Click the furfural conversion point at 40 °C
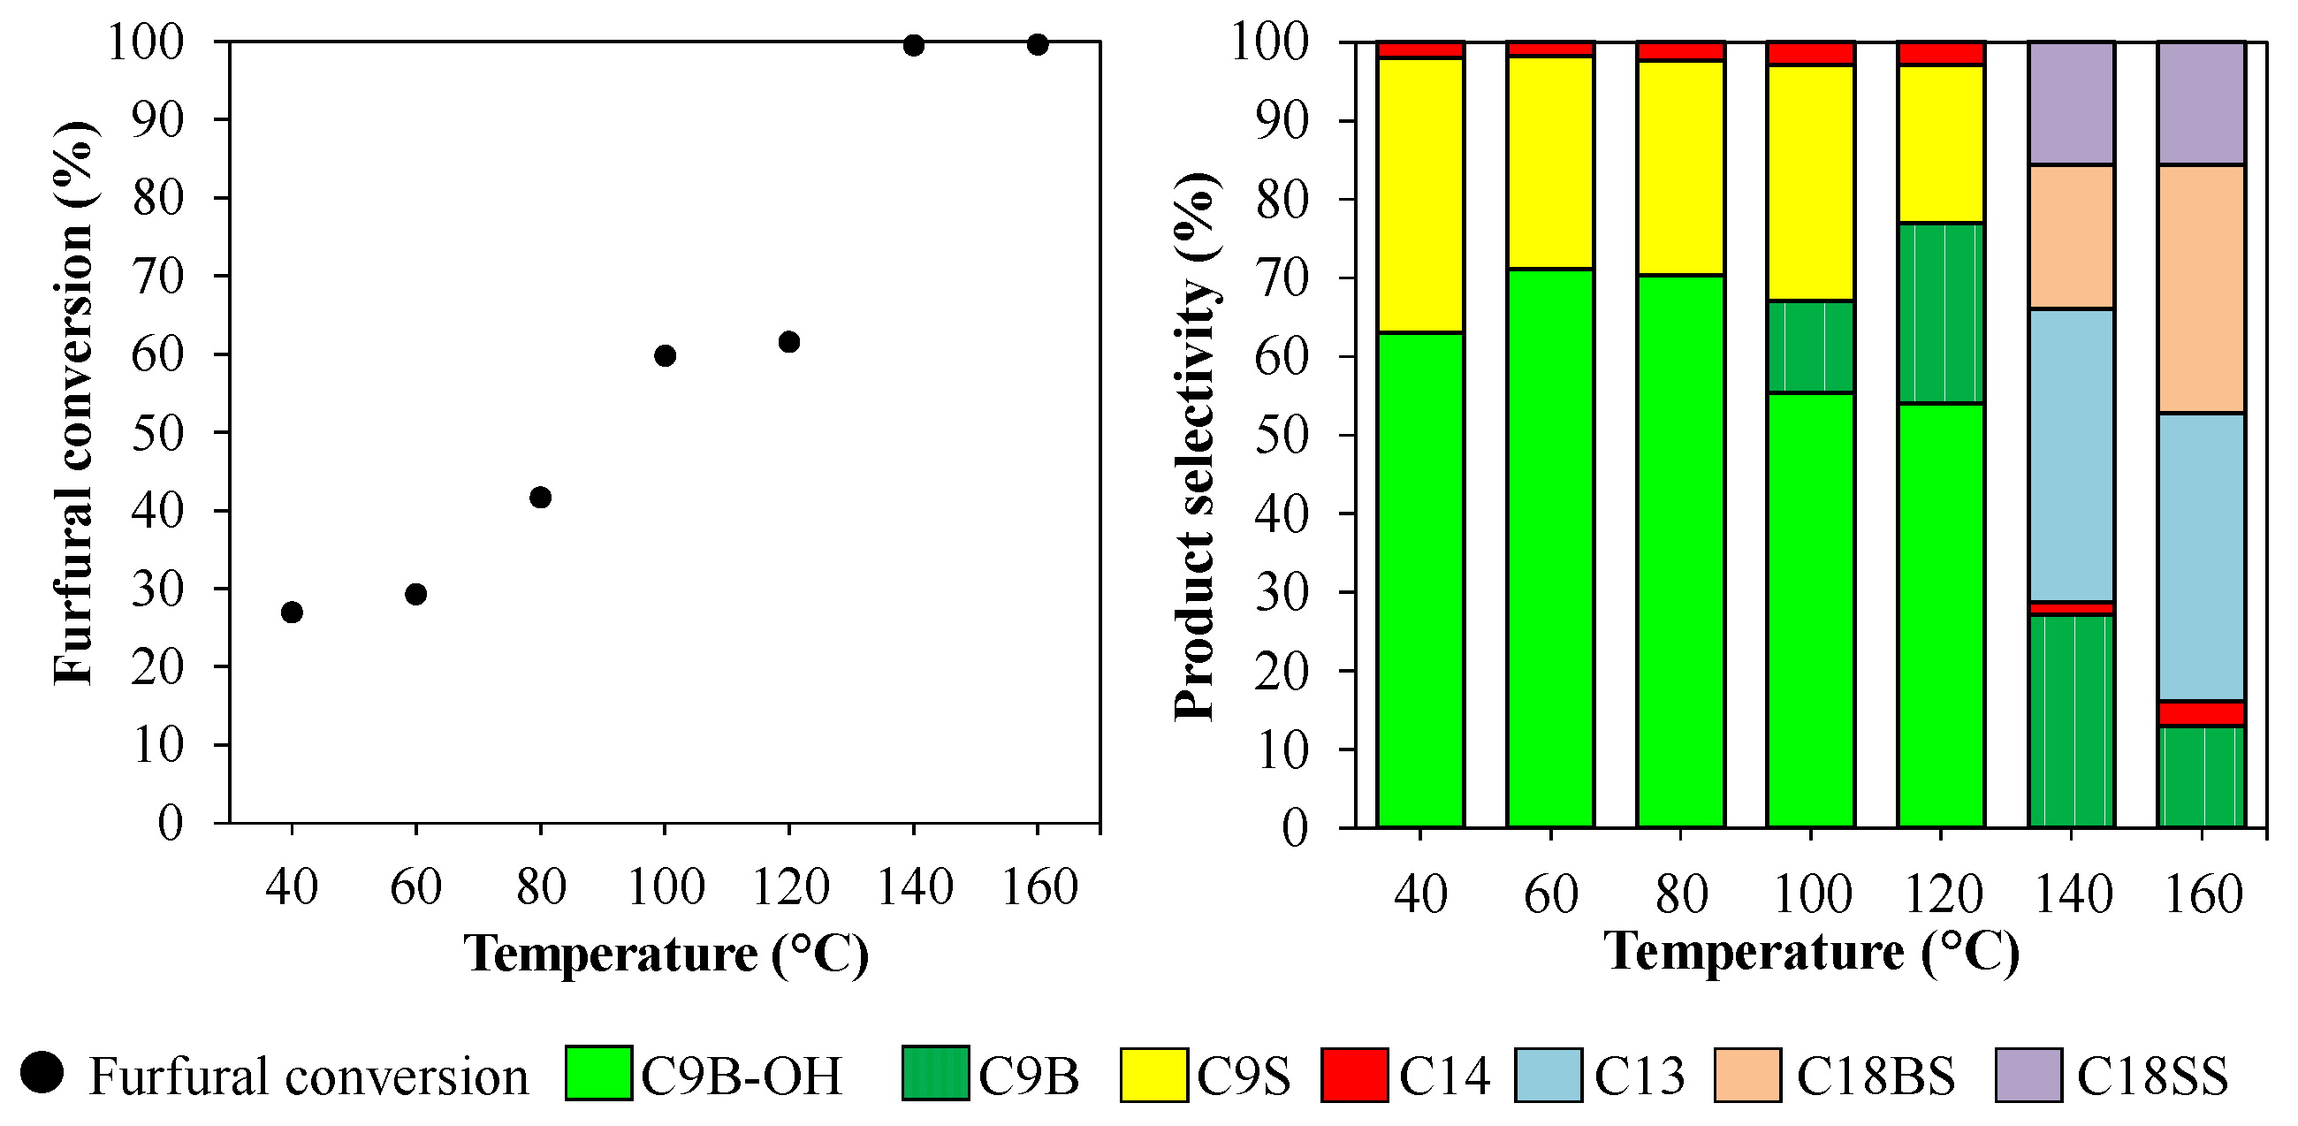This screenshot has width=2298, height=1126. [x=292, y=612]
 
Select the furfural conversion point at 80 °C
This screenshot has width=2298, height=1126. [x=540, y=497]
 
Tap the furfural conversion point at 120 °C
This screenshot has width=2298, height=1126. [x=788, y=342]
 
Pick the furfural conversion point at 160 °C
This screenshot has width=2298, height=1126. [x=1037, y=44]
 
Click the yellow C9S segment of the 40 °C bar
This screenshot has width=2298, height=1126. [x=1420, y=194]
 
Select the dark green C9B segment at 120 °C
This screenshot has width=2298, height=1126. [x=1940, y=312]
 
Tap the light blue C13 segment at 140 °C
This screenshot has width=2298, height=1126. [x=2071, y=455]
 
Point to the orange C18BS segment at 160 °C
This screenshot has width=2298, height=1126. [x=2201, y=288]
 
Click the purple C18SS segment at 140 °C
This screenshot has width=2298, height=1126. [x=2071, y=103]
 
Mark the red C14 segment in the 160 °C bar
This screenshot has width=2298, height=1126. [x=2201, y=713]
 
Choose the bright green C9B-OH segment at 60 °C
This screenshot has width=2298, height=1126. [x=1550, y=546]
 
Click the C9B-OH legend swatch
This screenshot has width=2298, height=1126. [x=598, y=1073]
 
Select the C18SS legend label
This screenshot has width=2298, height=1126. [x=2151, y=1076]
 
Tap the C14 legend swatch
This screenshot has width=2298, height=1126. [x=1354, y=1075]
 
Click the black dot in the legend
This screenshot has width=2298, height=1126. [x=42, y=1072]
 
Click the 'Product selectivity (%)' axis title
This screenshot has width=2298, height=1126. [x=1195, y=446]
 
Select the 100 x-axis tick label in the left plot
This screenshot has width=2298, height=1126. [x=666, y=886]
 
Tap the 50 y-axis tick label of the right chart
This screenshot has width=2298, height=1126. [x=1282, y=436]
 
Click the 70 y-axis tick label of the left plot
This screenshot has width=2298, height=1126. [x=158, y=276]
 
